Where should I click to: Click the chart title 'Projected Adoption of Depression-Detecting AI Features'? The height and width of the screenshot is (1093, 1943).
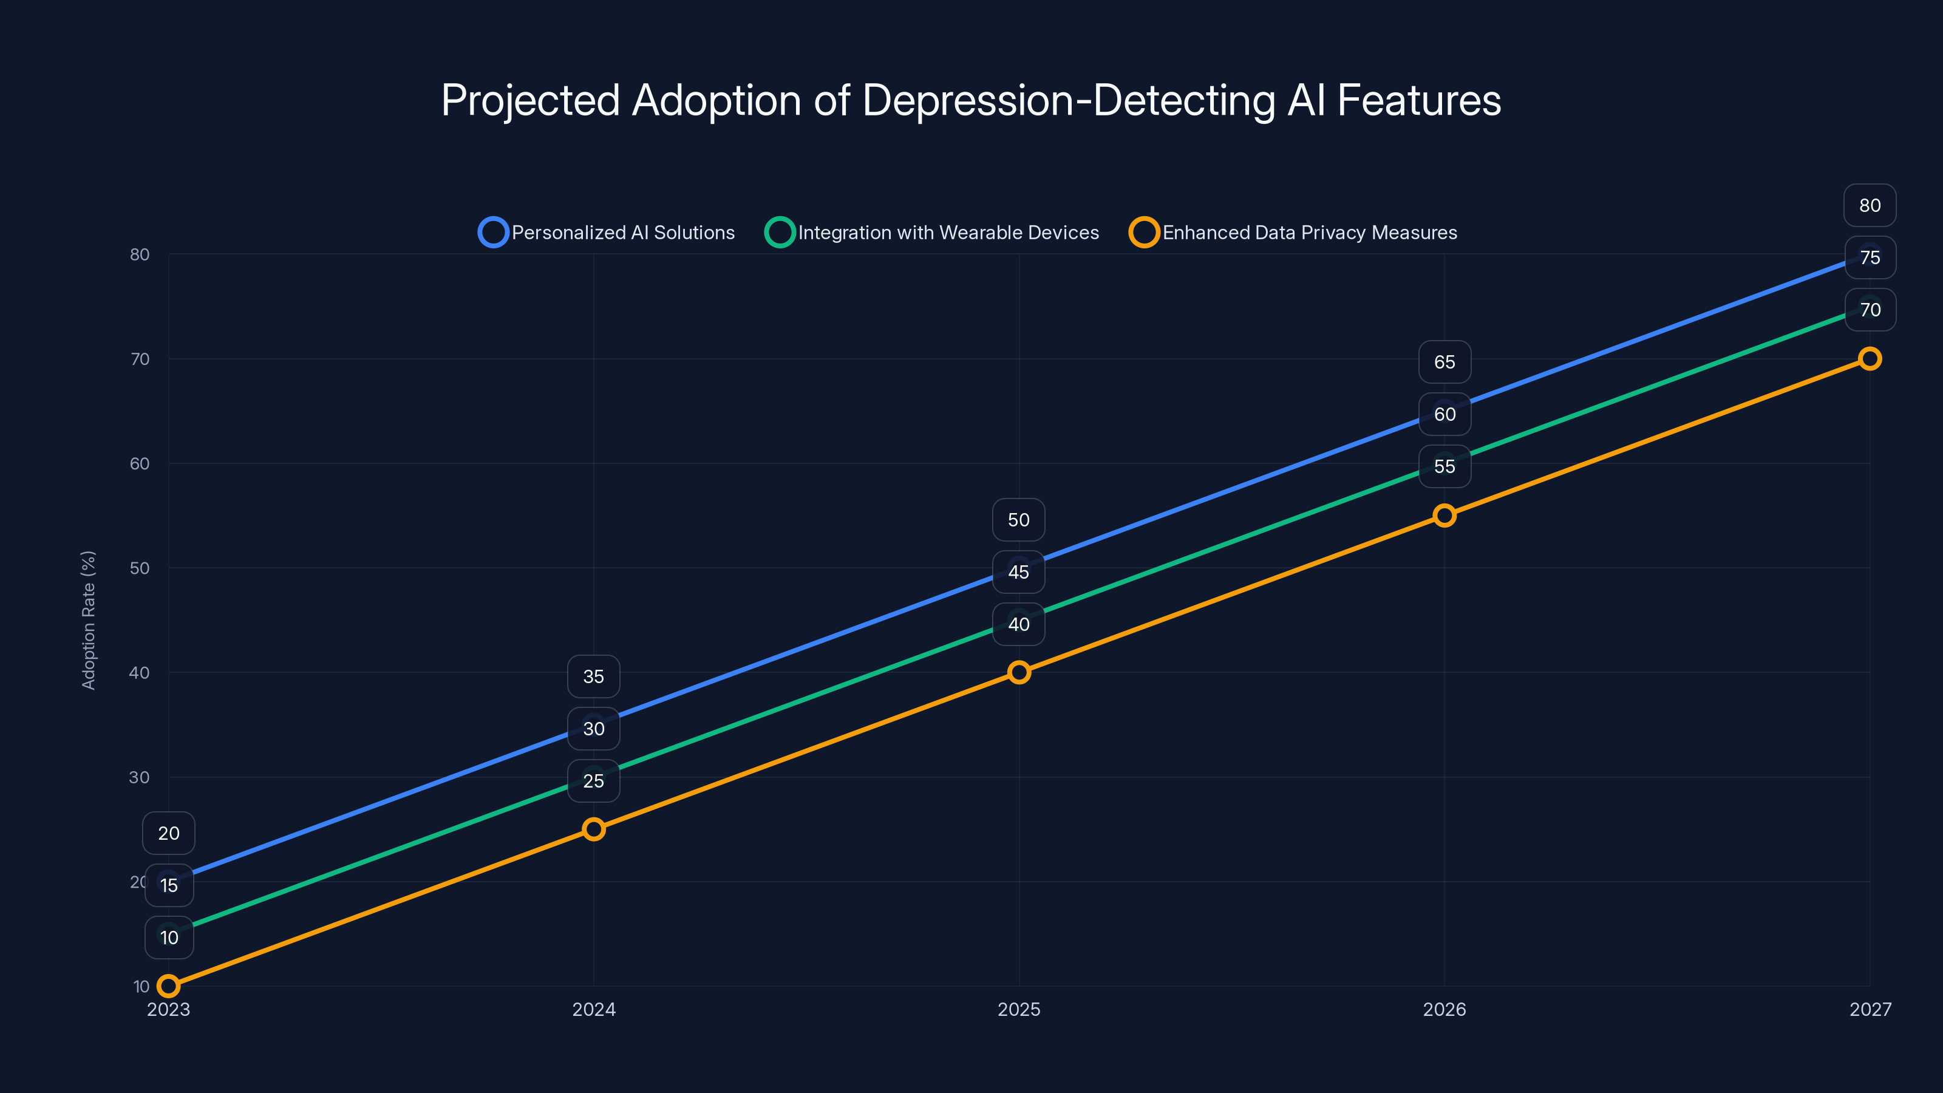[971, 100]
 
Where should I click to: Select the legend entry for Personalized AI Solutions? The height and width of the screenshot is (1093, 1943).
[607, 233]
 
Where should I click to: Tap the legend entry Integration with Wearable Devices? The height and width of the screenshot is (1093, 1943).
[932, 233]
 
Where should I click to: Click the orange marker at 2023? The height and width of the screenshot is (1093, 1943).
[168, 986]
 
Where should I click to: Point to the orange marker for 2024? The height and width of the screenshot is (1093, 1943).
[594, 829]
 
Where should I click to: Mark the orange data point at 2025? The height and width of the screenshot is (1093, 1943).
[1019, 672]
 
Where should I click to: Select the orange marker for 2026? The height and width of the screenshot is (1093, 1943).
[1444, 515]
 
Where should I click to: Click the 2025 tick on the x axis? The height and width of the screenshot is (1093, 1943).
[1019, 1009]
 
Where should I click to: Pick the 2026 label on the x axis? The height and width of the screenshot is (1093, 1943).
[1444, 1009]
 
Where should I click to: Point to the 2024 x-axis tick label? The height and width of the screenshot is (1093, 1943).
[594, 1009]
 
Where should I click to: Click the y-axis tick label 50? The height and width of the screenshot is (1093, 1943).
[140, 568]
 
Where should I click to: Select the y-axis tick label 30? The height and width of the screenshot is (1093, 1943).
[140, 777]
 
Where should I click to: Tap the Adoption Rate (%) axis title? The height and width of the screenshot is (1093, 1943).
[88, 620]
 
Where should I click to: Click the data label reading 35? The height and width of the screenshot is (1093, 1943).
[594, 676]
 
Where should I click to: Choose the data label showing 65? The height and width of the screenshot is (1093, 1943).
[1444, 362]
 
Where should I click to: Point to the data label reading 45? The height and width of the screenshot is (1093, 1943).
[1019, 572]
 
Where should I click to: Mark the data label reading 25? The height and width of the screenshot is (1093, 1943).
[594, 781]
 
